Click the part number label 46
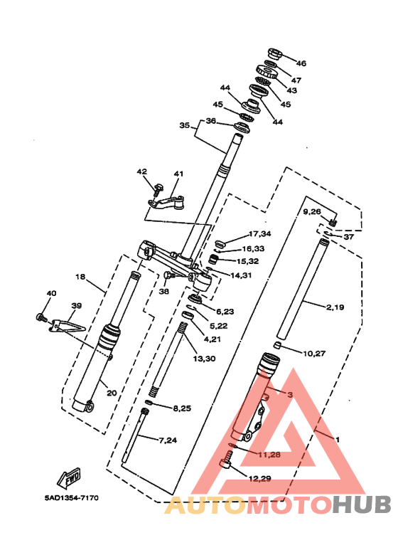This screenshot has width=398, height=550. pyautogui.click(x=301, y=63)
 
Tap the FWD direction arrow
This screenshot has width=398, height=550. pyautogui.click(x=70, y=478)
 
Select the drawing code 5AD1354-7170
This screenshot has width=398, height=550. pyautogui.click(x=72, y=498)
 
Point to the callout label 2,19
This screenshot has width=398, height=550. pyautogui.click(x=335, y=307)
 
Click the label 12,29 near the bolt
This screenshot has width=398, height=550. pyautogui.click(x=259, y=478)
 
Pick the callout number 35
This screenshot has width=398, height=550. pyautogui.click(x=185, y=125)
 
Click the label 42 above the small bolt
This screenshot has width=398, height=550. pyautogui.click(x=142, y=171)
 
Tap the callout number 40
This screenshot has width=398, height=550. pyautogui.click(x=51, y=293)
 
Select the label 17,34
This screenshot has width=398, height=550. pyautogui.click(x=259, y=233)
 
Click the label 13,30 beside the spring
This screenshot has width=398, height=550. pyautogui.click(x=204, y=359)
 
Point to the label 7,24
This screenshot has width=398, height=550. pyautogui.click(x=168, y=440)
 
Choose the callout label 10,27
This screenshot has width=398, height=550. pyautogui.click(x=314, y=353)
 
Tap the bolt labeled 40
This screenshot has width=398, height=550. pyautogui.click(x=41, y=317)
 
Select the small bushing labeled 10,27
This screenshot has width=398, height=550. pyautogui.click(x=278, y=346)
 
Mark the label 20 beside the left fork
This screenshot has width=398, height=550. pyautogui.click(x=112, y=393)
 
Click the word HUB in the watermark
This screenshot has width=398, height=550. pyautogui.click(x=361, y=504)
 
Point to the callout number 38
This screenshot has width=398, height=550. pyautogui.click(x=163, y=291)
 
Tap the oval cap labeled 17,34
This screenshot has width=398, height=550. pyautogui.click(x=219, y=243)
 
